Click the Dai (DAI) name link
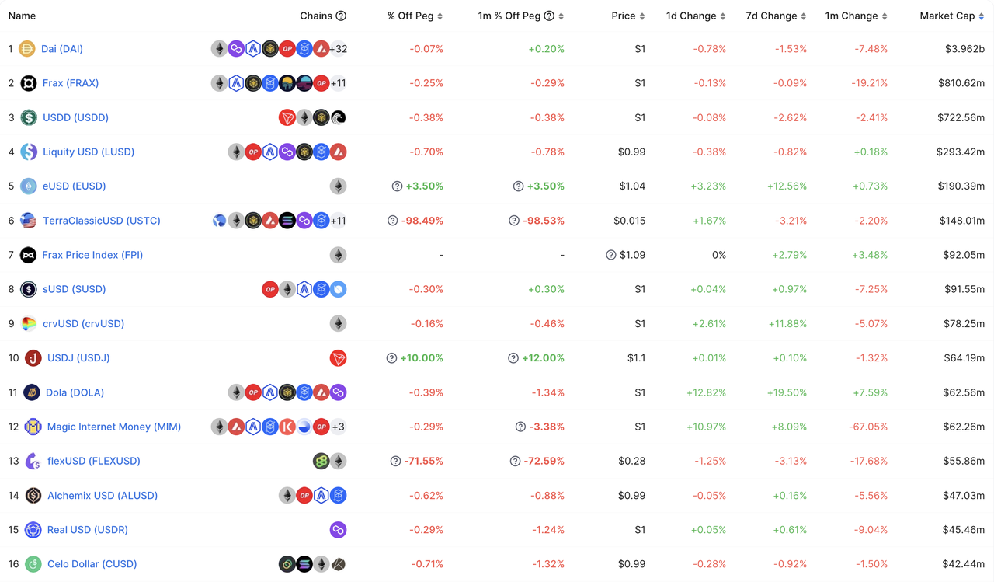[62, 49]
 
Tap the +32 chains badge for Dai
[339, 49]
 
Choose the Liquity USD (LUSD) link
[89, 152]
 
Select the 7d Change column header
[772, 16]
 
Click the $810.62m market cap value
[961, 83]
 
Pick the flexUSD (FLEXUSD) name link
[94, 461]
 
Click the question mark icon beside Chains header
[341, 16]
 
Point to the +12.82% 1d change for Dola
[706, 392]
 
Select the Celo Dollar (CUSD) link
[92, 564]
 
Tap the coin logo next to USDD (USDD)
[29, 118]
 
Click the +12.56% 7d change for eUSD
[787, 186]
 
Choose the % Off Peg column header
[410, 16]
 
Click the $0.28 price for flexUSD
[631, 461]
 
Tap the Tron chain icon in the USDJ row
[338, 358]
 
